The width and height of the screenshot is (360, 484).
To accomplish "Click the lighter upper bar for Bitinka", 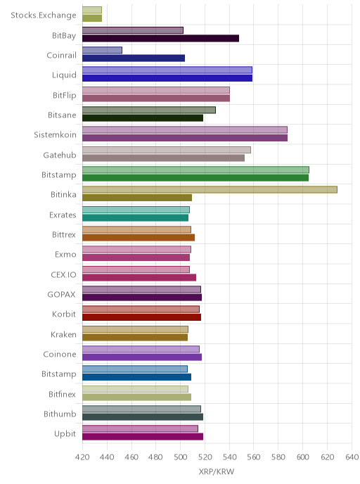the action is [x=210, y=189].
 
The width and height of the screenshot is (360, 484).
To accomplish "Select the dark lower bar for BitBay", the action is [x=161, y=38].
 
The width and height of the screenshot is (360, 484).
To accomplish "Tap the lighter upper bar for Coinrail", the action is [x=102, y=50].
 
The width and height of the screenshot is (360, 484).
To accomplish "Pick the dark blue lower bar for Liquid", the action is [x=167, y=78].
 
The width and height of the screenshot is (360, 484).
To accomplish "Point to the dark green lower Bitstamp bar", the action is [x=195, y=178].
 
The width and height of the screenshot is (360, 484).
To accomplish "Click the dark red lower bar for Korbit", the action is [x=141, y=317].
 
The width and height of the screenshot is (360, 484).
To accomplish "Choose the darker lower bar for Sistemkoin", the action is [x=185, y=138].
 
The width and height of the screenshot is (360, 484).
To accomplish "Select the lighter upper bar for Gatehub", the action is [x=167, y=150].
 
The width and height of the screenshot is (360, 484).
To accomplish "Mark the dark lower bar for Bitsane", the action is [x=143, y=118].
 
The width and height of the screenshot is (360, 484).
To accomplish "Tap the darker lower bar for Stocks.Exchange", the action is [x=92, y=18].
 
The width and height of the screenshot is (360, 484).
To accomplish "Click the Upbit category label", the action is [x=65, y=433].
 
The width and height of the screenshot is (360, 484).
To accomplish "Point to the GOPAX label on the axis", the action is [x=61, y=295].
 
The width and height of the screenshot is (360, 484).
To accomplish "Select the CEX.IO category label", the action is [x=63, y=275].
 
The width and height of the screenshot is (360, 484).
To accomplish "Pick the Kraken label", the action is [x=63, y=334].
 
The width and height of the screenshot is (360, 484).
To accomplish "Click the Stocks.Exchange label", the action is [x=43, y=15].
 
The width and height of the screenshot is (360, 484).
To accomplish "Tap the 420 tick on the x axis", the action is [x=82, y=457].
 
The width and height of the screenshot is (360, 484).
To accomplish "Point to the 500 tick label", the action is [x=180, y=457].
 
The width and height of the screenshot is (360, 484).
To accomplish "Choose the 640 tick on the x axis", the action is [x=352, y=457].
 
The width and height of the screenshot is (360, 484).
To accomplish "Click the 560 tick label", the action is [x=254, y=457].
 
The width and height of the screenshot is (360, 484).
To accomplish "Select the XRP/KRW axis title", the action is [x=217, y=471].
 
